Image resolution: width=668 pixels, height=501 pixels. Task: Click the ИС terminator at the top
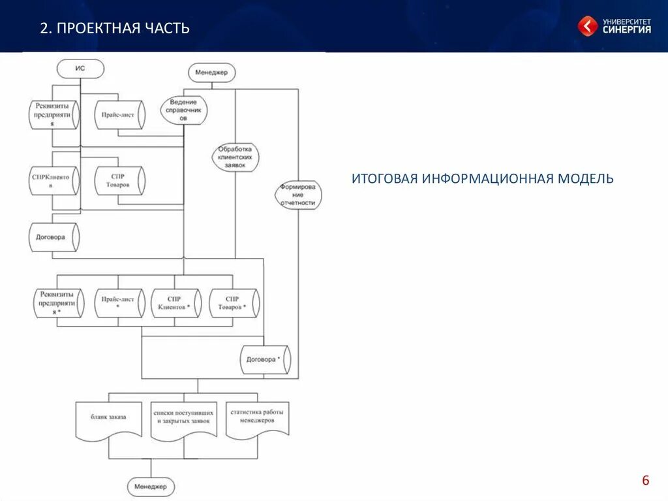pyautogui.click(x=80, y=68)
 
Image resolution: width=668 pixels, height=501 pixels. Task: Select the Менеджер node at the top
pyautogui.click(x=211, y=73)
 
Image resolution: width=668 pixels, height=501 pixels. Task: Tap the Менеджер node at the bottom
pyautogui.click(x=151, y=487)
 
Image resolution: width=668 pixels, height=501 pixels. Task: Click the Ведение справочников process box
pyautogui.click(x=183, y=110)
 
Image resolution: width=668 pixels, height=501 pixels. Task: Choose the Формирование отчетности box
pyautogui.click(x=298, y=195)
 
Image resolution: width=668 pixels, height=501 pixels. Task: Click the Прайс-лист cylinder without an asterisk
pyautogui.click(x=119, y=114)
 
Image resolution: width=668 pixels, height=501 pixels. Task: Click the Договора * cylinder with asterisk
pyautogui.click(x=264, y=359)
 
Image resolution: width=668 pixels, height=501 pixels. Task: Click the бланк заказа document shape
pyautogui.click(x=108, y=417)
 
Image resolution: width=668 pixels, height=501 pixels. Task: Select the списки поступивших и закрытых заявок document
pyautogui.click(x=183, y=418)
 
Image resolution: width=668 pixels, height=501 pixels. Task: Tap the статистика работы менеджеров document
pyautogui.click(x=258, y=417)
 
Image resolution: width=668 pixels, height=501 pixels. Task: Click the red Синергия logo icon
pyautogui.click(x=587, y=25)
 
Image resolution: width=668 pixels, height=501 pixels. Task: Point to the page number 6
pyautogui.click(x=646, y=481)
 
